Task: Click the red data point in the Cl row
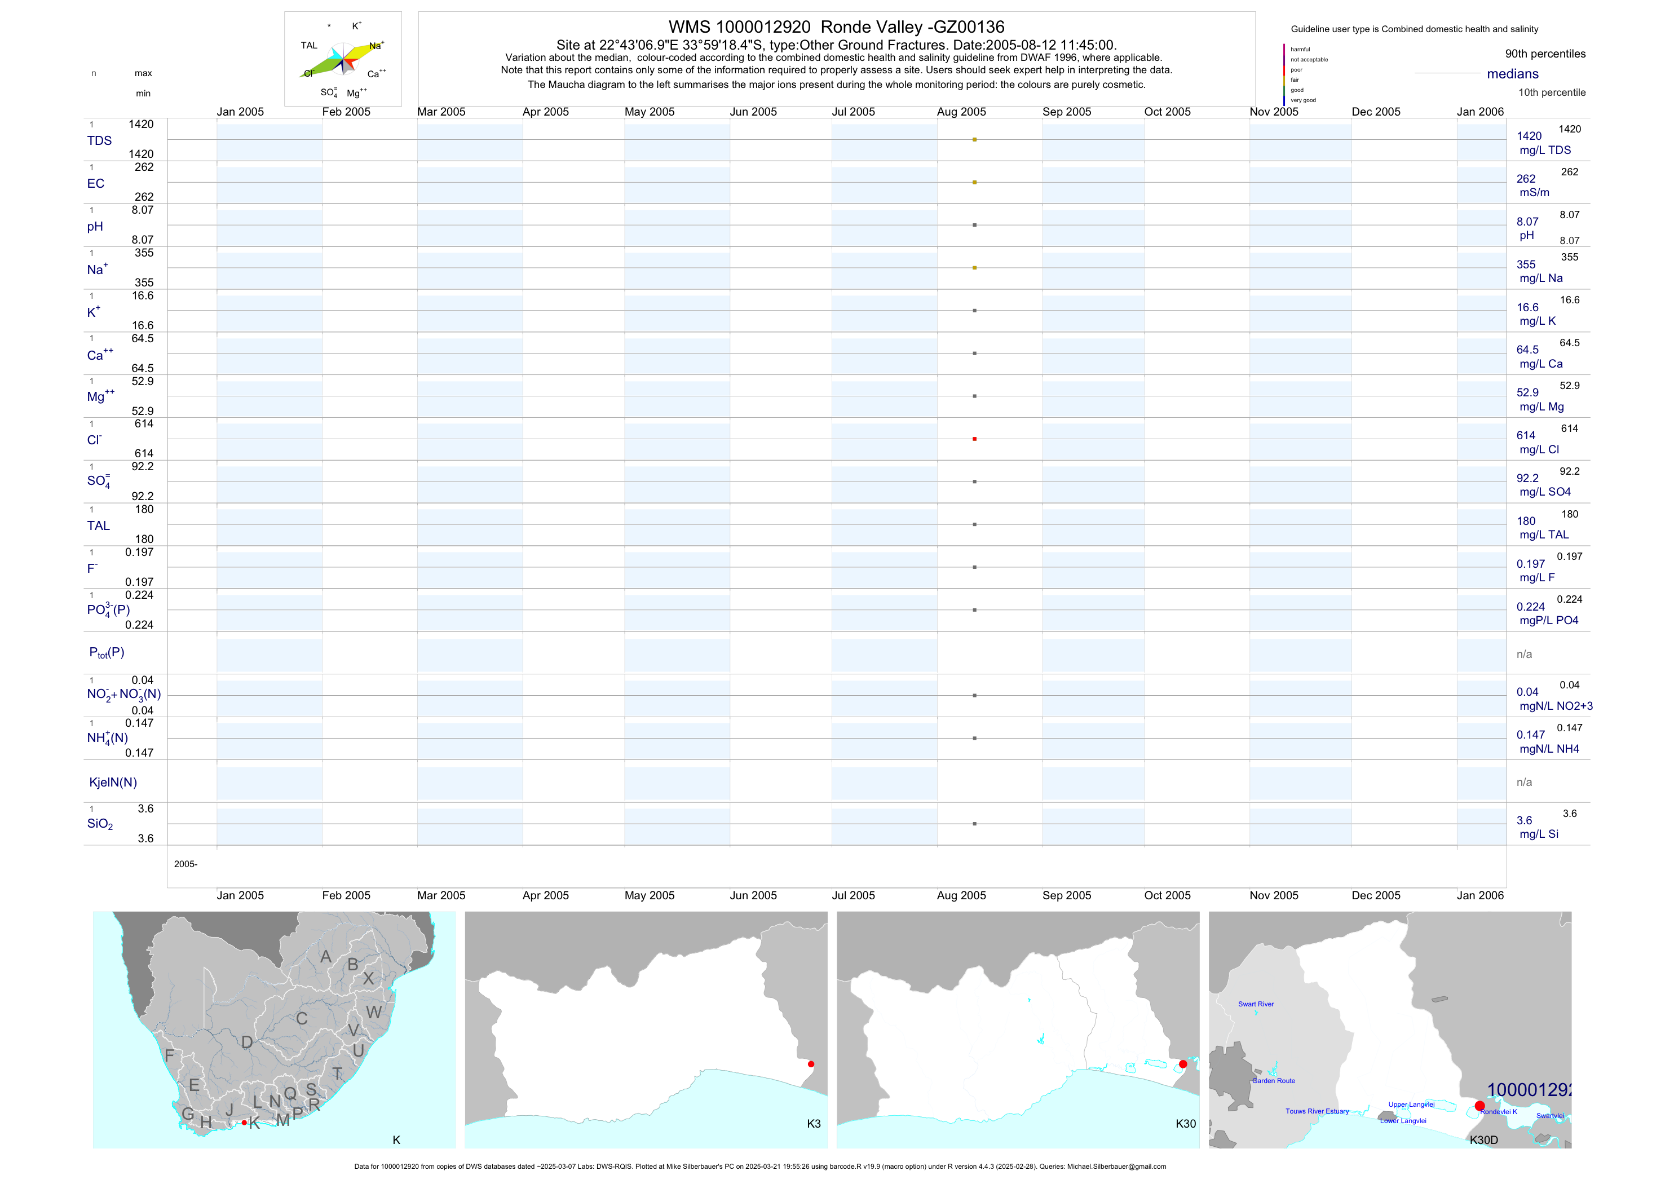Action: (x=974, y=439)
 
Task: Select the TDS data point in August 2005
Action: (x=974, y=139)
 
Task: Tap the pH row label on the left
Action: (x=95, y=227)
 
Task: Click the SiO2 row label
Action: (x=100, y=824)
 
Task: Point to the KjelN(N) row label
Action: (x=113, y=783)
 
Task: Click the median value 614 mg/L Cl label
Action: (x=1525, y=435)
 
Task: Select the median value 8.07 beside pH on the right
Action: (x=1527, y=222)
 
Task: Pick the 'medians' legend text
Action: (x=1513, y=74)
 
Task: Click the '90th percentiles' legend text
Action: (x=1545, y=54)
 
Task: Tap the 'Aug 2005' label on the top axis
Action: (x=961, y=112)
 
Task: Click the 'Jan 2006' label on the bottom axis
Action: (x=1480, y=895)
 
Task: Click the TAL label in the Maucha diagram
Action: (x=309, y=45)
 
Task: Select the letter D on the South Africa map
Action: (x=247, y=1042)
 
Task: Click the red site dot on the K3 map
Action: (x=811, y=1064)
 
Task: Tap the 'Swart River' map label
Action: (x=1256, y=1004)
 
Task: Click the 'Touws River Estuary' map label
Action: (x=1317, y=1111)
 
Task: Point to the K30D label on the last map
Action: (x=1483, y=1140)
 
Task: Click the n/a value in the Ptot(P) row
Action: (x=1524, y=655)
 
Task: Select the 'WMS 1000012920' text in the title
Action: (x=739, y=28)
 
